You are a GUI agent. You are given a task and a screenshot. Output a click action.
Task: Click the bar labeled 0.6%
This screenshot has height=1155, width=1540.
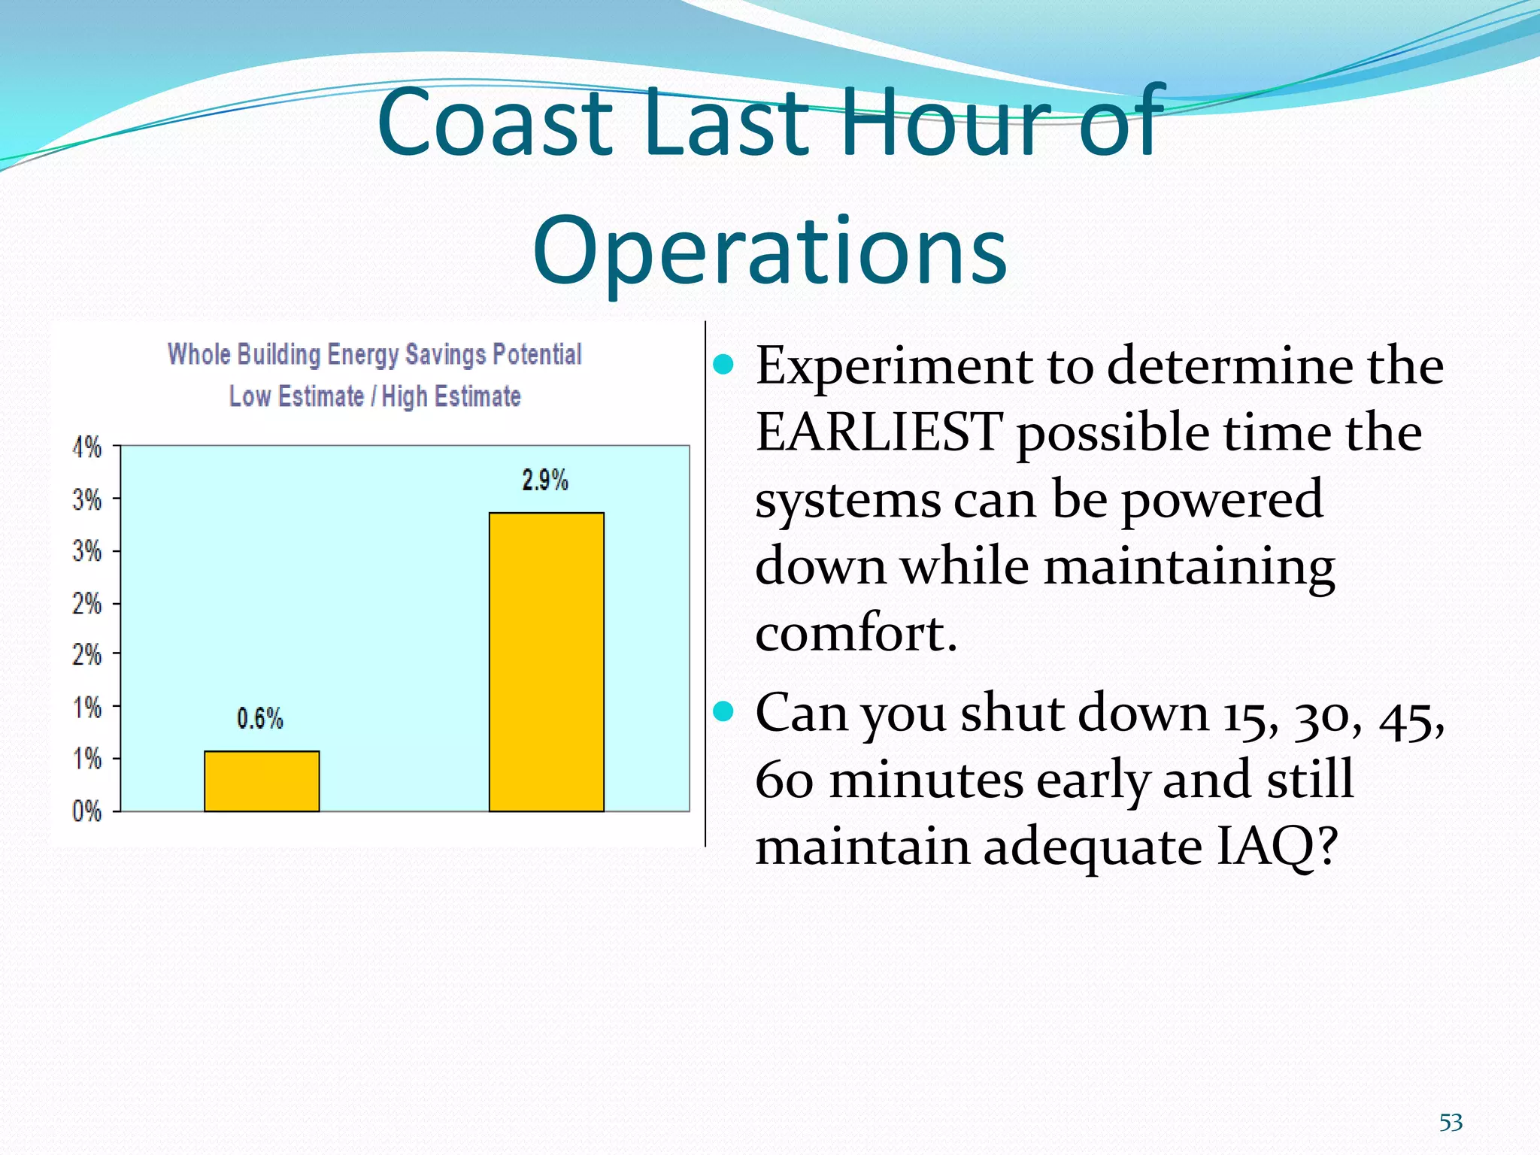pos(262,781)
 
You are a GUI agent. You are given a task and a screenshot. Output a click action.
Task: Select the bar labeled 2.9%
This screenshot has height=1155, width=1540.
pos(546,662)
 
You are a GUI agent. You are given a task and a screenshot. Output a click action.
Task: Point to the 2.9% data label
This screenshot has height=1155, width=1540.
pos(545,480)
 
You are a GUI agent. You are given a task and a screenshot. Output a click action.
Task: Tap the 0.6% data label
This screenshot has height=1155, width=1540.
pos(260,718)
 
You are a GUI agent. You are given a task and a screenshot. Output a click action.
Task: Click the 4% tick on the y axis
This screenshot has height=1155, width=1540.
pos(87,447)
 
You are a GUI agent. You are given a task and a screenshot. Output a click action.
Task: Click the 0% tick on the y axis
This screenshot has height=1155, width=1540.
pos(87,811)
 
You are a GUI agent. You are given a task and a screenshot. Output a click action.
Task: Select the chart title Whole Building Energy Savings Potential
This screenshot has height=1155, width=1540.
pos(374,353)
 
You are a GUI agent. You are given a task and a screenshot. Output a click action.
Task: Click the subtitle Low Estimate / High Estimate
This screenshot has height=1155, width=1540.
pos(374,396)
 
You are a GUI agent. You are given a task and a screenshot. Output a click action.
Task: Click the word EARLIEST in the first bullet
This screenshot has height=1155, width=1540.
pos(878,433)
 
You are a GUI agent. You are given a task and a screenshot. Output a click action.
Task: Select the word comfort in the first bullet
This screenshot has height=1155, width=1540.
pos(855,633)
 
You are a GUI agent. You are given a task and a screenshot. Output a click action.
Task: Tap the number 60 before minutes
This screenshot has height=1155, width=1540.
pos(784,781)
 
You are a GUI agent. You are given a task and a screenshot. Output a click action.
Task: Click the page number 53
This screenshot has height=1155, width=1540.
pos(1451,1123)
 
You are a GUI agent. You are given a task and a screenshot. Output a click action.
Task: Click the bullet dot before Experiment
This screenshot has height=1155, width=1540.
pos(723,365)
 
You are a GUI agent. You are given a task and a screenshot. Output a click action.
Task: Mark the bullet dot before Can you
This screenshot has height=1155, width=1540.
pos(723,711)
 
